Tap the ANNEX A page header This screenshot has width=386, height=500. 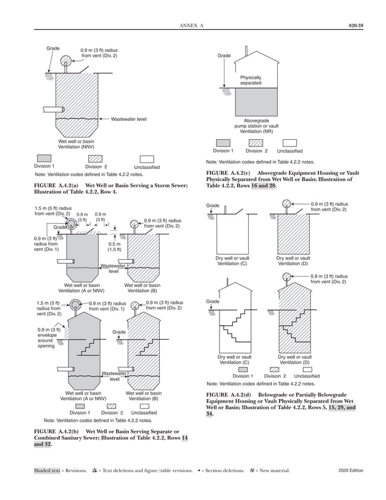click(192, 25)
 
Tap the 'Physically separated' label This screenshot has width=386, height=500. click(250, 81)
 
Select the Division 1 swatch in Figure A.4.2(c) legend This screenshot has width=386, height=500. click(222, 142)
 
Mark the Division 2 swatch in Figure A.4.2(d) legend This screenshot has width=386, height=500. click(275, 369)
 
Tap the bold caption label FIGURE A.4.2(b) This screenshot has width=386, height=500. click(60, 432)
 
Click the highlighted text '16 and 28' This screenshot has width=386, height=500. click(264, 185)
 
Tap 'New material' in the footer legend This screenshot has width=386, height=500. click(275, 470)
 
